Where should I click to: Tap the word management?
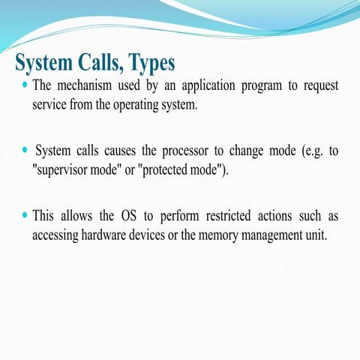tap(280, 235)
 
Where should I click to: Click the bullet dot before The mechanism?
tap(25, 85)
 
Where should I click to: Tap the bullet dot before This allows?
tap(25, 216)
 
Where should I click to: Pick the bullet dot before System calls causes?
tap(25, 151)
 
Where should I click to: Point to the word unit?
tap(327, 235)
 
